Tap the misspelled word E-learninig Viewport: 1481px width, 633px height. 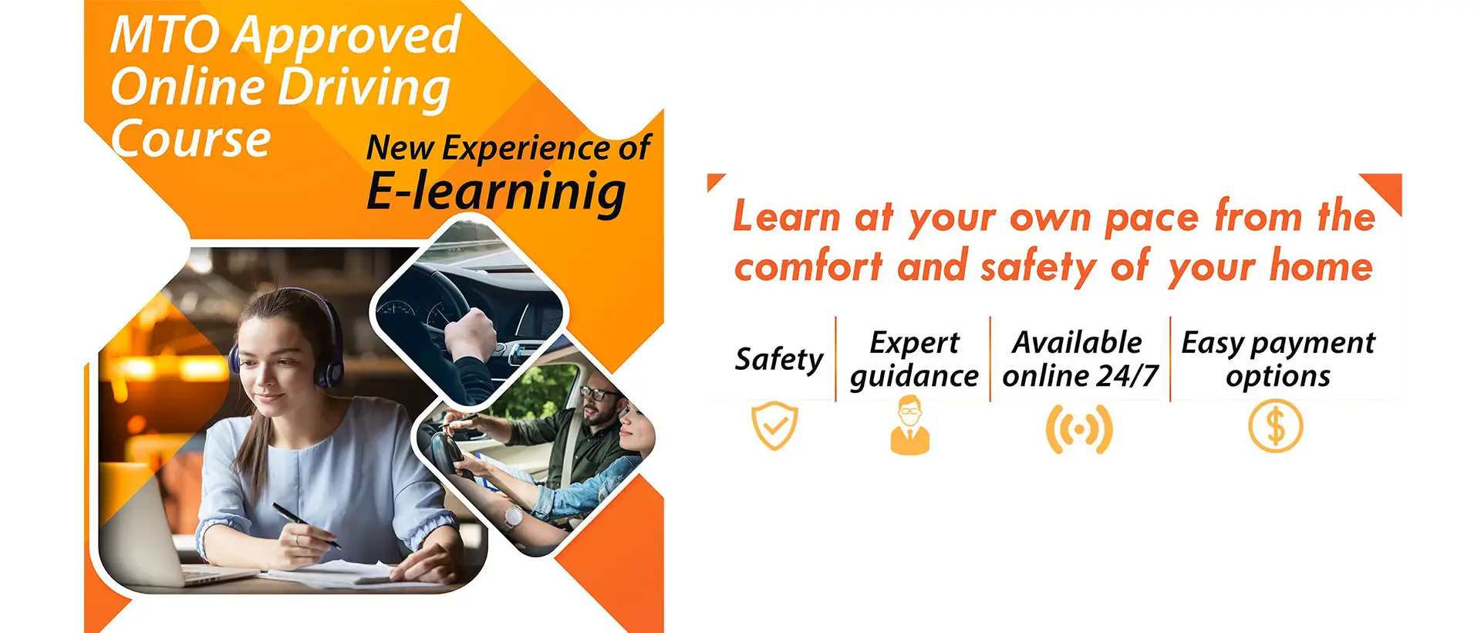496,191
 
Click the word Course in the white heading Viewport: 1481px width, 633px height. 191,140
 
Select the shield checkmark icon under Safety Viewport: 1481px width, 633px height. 774,425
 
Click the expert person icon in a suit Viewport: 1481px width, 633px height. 910,425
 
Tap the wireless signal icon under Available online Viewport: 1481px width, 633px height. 1079,428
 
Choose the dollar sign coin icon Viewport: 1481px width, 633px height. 1276,426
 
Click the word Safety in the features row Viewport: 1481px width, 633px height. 779,360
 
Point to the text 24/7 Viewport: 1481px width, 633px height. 1128,376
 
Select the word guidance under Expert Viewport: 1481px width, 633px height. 914,377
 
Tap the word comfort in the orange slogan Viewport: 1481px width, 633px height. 808,267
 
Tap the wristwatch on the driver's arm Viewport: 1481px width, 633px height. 512,517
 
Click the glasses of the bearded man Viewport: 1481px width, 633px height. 598,394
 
